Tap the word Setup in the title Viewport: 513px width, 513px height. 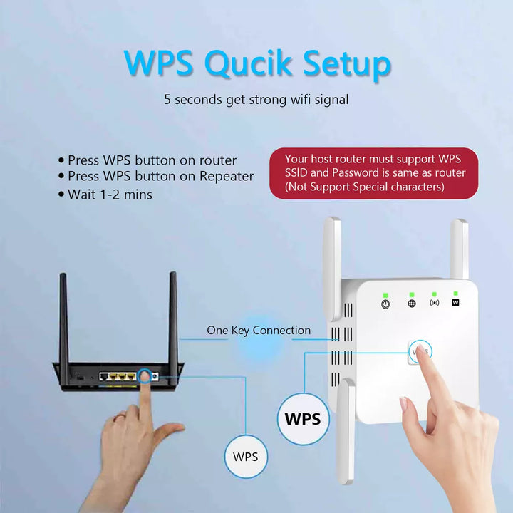344,64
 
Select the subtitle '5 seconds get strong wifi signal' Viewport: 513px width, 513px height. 256,100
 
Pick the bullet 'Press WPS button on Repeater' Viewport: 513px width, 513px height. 156,177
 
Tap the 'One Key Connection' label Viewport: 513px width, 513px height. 259,331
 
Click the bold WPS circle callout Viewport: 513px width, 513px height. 302,418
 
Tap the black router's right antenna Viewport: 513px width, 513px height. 173,313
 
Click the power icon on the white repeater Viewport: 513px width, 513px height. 385,304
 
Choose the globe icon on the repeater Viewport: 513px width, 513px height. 412,304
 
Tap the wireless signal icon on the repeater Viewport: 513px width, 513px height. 434,303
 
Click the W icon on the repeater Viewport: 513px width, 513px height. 455,302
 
